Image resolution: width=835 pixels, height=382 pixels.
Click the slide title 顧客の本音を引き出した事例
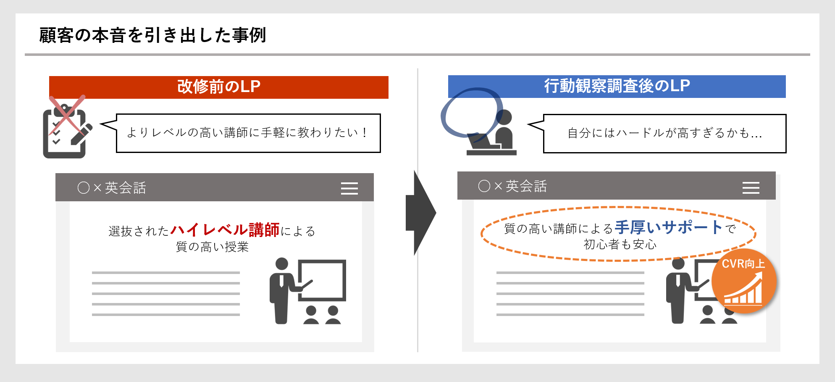[x=152, y=35]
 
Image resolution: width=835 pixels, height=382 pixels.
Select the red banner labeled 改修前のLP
[x=218, y=87]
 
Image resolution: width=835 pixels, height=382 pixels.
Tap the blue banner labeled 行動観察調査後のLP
[x=617, y=86]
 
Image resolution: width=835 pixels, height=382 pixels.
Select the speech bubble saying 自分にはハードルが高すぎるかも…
[x=657, y=133]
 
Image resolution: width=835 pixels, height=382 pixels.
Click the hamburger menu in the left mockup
[x=349, y=188]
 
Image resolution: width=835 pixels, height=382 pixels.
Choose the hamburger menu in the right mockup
[x=751, y=187]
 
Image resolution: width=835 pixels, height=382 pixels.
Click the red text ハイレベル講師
[x=225, y=230]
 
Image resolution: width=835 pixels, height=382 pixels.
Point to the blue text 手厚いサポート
[x=669, y=227]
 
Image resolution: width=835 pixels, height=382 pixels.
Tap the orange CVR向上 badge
[x=744, y=281]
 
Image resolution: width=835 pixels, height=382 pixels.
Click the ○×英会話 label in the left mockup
[x=112, y=188]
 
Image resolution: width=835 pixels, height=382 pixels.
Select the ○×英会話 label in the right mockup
[x=512, y=186]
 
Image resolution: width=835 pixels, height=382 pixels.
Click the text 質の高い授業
[x=212, y=247]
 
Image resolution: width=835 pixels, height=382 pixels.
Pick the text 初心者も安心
[x=620, y=244]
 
